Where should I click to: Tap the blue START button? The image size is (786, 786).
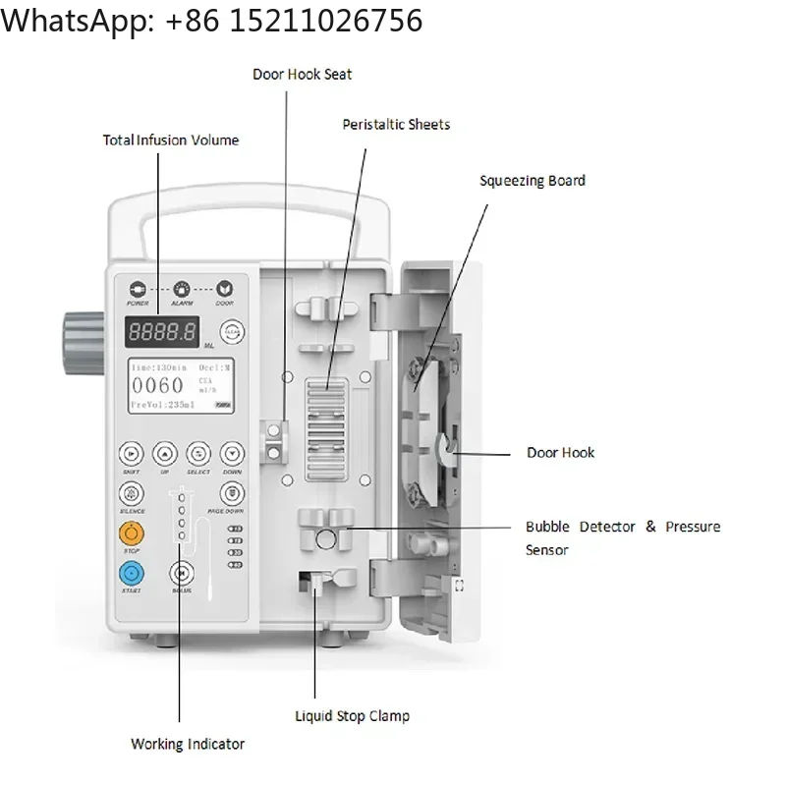[x=131, y=573]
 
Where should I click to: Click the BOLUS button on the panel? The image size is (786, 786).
[x=181, y=573]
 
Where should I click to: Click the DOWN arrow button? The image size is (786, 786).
[x=231, y=453]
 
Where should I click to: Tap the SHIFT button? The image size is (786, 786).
[x=131, y=453]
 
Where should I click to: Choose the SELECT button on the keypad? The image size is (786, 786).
[x=197, y=453]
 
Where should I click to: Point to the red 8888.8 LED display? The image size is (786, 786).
[x=162, y=332]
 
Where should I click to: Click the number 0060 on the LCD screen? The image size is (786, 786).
[x=158, y=385]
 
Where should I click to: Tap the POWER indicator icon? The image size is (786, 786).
[x=138, y=289]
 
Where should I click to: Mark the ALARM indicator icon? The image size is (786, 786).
[x=182, y=289]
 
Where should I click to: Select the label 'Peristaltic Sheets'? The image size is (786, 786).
[x=396, y=125]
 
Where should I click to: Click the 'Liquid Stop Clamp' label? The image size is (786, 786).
[x=352, y=716]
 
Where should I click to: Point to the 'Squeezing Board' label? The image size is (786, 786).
[x=532, y=181]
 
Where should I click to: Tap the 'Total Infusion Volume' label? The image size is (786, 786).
[x=171, y=140]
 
